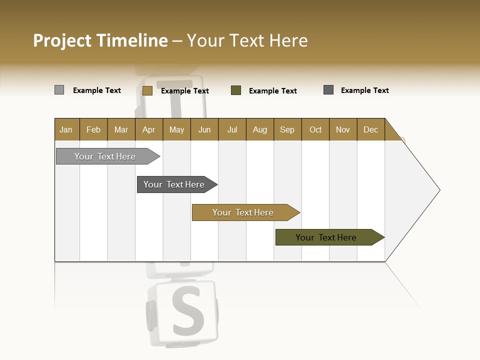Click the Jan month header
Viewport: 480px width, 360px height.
[x=66, y=129]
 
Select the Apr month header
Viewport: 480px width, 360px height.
[x=149, y=129]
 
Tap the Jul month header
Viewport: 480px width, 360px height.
[x=232, y=129]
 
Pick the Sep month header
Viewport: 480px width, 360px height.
[x=287, y=129]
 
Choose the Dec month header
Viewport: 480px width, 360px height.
[x=370, y=129]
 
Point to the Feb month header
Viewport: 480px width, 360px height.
[x=93, y=129]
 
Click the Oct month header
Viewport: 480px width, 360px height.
[x=315, y=129]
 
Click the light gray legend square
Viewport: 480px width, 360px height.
[x=59, y=90]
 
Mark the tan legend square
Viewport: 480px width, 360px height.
[x=147, y=90]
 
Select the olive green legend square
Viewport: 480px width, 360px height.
[x=236, y=90]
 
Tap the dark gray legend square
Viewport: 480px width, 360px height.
[x=328, y=90]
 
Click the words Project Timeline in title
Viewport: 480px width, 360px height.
[x=100, y=40]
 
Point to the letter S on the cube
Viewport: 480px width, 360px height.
[x=187, y=311]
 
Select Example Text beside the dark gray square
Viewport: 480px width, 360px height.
[x=364, y=90]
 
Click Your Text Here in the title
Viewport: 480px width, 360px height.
[x=247, y=40]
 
